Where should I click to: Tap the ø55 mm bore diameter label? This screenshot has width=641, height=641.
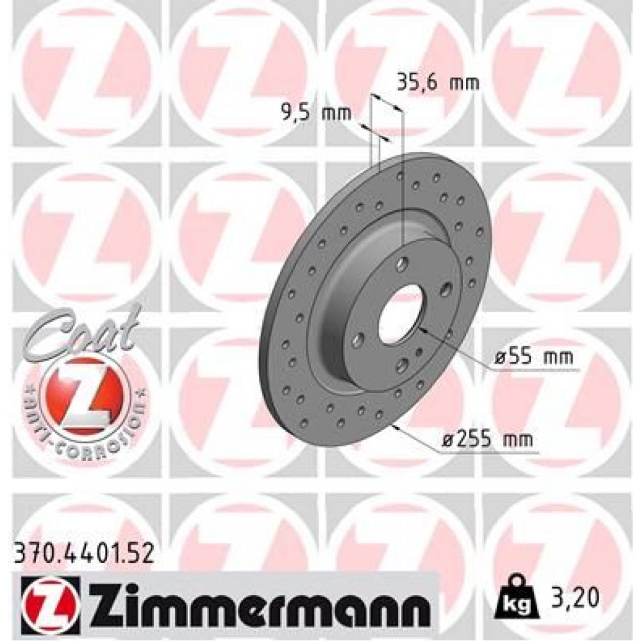click(x=533, y=357)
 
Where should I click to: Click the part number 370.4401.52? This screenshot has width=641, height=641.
click(x=83, y=553)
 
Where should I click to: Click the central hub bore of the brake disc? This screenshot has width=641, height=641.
click(x=401, y=314)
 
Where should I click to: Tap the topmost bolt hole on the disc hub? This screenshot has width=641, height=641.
click(x=403, y=262)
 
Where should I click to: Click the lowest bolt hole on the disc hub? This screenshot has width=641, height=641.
click(x=403, y=365)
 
